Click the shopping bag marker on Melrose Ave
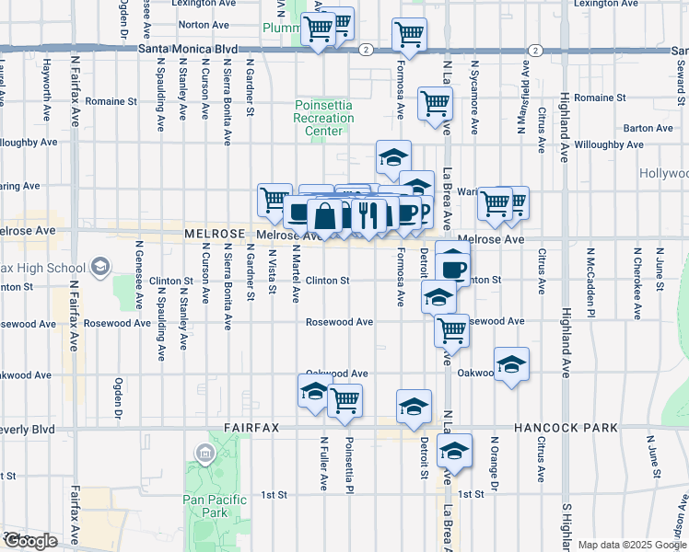coord(325,218)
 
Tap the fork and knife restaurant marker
coord(368,215)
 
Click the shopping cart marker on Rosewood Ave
coord(451,328)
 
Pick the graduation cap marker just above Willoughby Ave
coord(393,157)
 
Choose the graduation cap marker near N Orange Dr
coord(511,364)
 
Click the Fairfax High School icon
coord(99,268)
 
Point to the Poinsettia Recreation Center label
coord(323,118)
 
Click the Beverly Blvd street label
coord(28,429)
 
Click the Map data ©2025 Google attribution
coord(632,545)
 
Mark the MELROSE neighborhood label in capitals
coord(216,236)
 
